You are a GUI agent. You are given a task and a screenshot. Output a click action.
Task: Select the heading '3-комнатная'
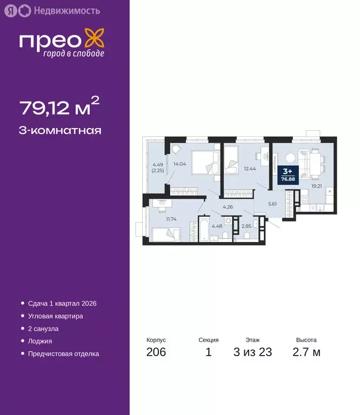(x=60, y=130)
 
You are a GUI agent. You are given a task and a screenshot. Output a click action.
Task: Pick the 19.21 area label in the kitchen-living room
(x=316, y=185)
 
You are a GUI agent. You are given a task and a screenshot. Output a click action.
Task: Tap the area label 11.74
(x=172, y=218)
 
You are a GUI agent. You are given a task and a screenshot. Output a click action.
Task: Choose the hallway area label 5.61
(x=274, y=204)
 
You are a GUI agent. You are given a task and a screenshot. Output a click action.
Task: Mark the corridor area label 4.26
(x=228, y=207)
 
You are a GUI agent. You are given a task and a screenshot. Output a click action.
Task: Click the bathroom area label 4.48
(x=217, y=226)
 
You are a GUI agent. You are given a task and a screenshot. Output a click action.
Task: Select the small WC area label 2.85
(x=246, y=226)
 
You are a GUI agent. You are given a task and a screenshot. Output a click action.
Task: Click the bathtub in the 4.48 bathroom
(x=197, y=230)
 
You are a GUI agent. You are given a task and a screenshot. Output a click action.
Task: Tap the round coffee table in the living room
(x=290, y=157)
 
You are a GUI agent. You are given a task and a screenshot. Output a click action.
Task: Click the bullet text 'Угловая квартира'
(x=56, y=316)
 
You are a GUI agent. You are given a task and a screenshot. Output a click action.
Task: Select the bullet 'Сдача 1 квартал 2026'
(x=62, y=304)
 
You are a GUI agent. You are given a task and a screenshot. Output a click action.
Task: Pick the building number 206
(x=156, y=353)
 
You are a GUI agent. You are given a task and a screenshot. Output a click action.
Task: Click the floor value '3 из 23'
(x=252, y=353)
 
